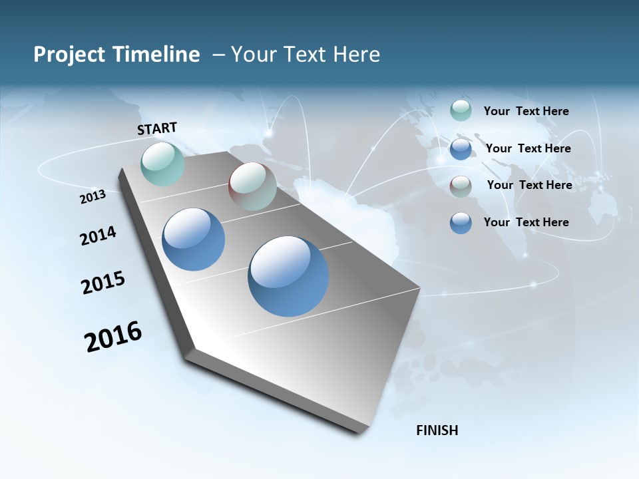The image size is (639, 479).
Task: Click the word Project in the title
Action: point(68,55)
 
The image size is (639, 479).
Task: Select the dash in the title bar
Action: point(218,55)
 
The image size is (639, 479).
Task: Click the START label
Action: point(157,128)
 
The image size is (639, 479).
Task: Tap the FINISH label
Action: point(437,430)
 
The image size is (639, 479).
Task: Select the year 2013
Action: point(93,197)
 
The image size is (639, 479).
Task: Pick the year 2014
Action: point(98,236)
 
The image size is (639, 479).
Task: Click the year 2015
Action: point(103,283)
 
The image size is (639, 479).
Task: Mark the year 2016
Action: point(113,337)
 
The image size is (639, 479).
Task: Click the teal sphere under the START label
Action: point(162,164)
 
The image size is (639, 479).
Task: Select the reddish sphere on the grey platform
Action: point(252,186)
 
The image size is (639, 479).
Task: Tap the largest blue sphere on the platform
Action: point(288,276)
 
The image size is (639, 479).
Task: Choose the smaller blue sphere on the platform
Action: point(193,239)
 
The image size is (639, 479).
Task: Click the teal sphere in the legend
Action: point(461,110)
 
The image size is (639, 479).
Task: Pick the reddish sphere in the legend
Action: point(461,186)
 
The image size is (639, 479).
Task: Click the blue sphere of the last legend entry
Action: point(461,223)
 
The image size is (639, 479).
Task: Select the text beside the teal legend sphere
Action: point(526,111)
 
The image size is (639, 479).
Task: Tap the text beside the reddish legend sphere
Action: point(529,185)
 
